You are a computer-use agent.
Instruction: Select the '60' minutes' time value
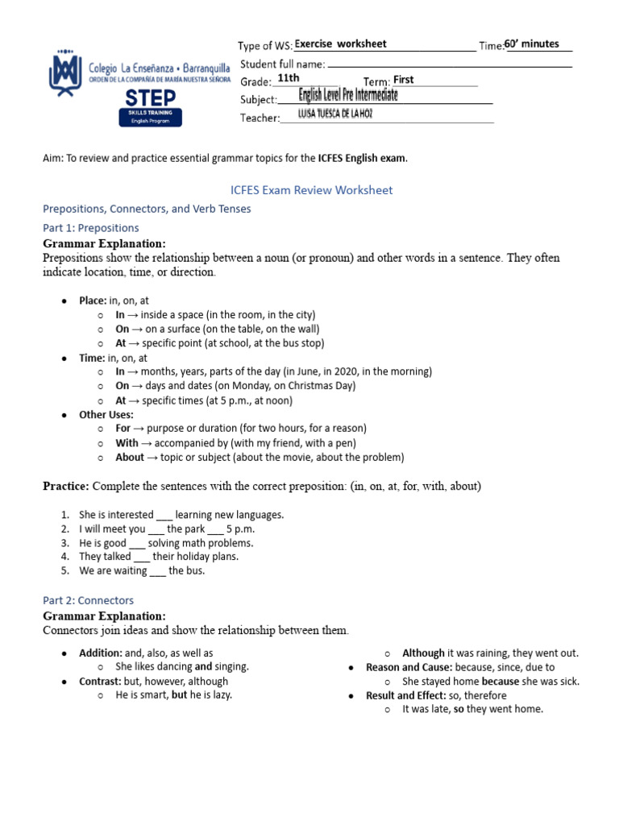[531, 44]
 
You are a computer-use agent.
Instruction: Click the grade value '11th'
[288, 78]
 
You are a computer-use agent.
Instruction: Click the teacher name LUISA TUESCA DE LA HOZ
[335, 114]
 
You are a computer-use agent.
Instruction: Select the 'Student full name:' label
[283, 64]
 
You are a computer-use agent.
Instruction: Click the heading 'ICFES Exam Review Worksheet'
[311, 190]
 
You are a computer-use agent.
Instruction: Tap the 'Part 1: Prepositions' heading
[90, 228]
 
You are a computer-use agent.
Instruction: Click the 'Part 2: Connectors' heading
[88, 600]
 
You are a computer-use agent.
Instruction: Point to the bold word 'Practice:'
[66, 486]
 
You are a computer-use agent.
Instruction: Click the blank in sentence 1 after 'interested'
[164, 515]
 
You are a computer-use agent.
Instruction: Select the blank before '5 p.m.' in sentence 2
[216, 529]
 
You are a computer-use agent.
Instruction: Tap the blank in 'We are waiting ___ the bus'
[158, 571]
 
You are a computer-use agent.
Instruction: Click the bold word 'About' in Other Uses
[130, 458]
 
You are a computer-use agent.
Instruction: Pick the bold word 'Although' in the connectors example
[423, 653]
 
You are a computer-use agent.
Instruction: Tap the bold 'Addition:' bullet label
[101, 653]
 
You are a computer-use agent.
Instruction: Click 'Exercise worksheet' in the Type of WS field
[340, 44]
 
